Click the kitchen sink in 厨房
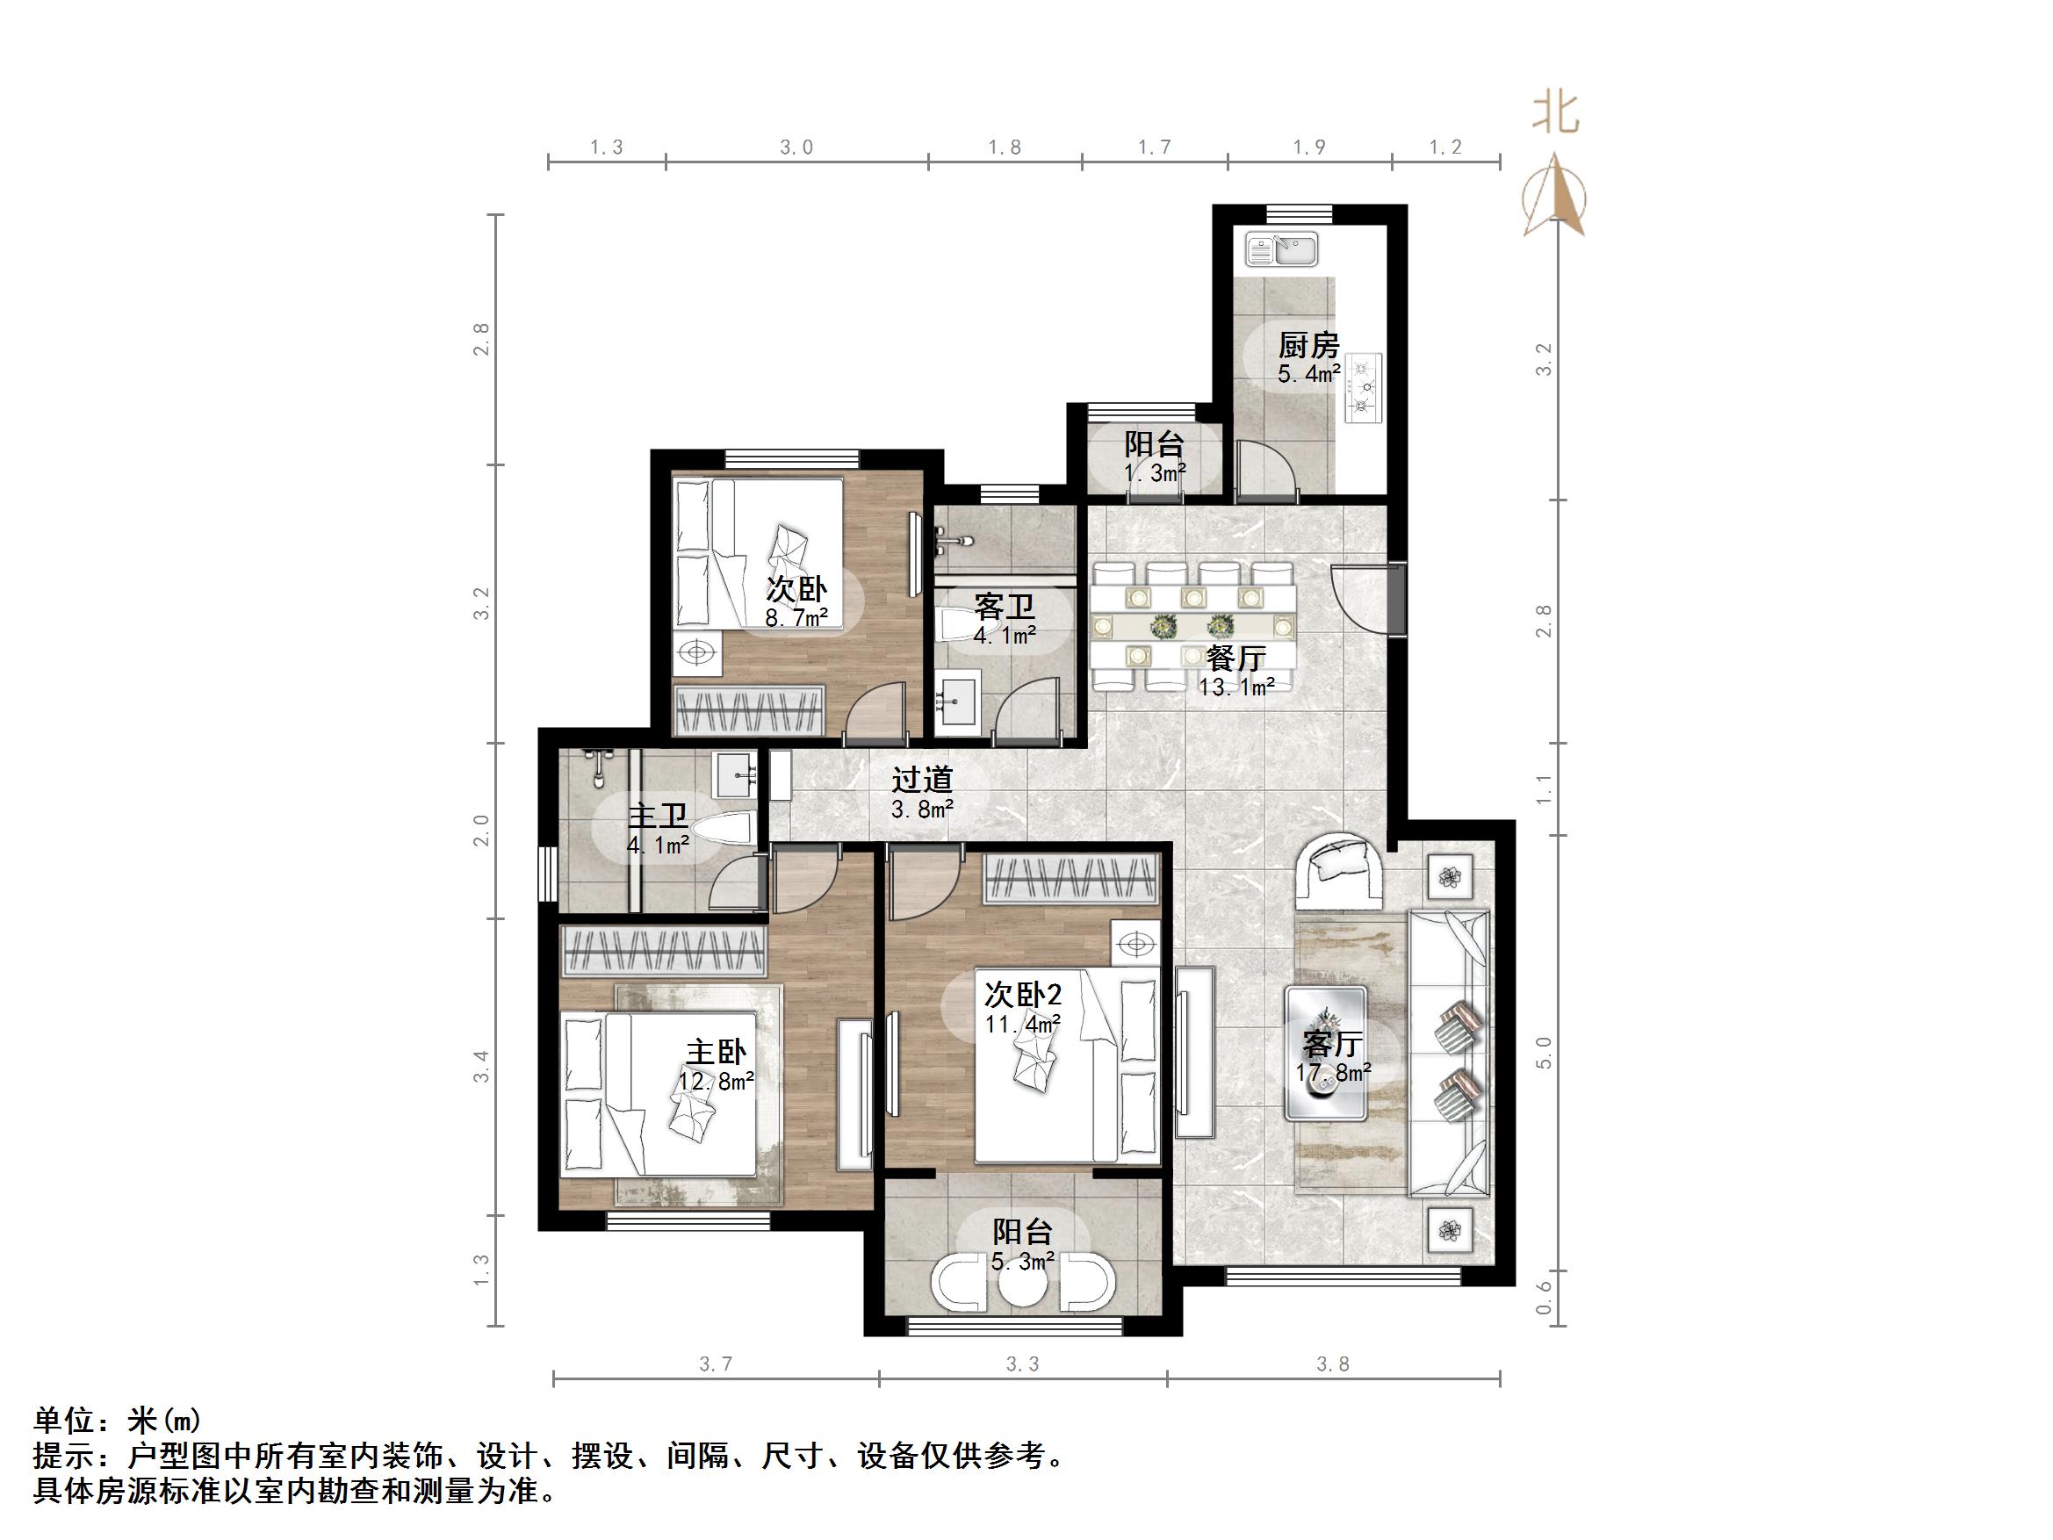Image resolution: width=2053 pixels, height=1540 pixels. pyautogui.click(x=1282, y=249)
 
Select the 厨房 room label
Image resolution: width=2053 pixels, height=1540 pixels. pyautogui.click(x=1308, y=346)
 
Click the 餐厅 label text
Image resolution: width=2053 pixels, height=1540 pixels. pyautogui.click(x=1235, y=658)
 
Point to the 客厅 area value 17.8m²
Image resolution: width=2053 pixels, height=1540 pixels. pyautogui.click(x=1334, y=1073)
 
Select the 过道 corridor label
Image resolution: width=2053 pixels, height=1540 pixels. pyautogui.click(x=922, y=779)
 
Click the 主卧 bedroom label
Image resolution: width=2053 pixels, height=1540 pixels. pyautogui.click(x=716, y=1052)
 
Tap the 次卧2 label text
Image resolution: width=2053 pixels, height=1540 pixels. pyautogui.click(x=1023, y=995)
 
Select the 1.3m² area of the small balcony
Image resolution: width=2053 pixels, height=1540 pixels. pyautogui.click(x=1155, y=473)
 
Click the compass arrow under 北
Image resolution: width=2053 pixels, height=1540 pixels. pyautogui.click(x=1555, y=197)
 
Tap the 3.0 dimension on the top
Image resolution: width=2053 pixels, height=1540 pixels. pyautogui.click(x=796, y=148)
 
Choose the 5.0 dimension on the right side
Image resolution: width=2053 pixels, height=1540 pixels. pyautogui.click(x=1544, y=1054)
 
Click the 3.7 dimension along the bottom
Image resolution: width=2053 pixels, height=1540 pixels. pyautogui.click(x=716, y=1364)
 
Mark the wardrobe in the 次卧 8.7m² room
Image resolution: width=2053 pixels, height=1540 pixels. pyautogui.click(x=750, y=712)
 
